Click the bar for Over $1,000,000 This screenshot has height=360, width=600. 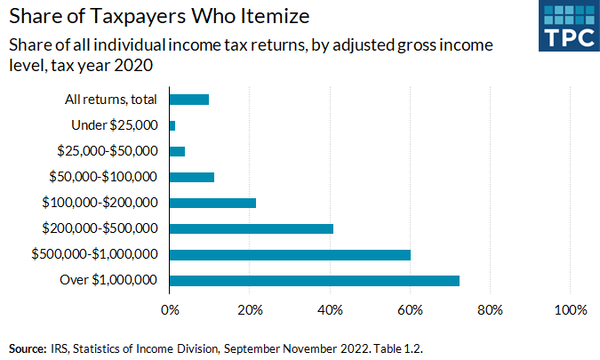pos(314,281)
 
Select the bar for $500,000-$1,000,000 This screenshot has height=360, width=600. pos(290,255)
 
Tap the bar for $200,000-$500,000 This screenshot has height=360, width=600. pos(251,228)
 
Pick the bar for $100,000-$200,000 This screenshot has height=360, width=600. pos(212,203)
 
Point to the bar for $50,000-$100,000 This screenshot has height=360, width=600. pos(191,177)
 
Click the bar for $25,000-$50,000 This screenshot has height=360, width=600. pos(177,151)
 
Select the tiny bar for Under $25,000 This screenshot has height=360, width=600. pos(172,125)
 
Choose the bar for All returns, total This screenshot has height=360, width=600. pos(188,100)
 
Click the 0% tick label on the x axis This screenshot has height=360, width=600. pos(169,310)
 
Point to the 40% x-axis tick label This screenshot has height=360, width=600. pos(330,310)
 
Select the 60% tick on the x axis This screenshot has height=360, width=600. pos(410,310)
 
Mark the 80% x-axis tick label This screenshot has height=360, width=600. pos(490,310)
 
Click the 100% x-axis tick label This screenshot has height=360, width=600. pos(570,310)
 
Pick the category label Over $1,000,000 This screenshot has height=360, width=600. pos(110,281)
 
